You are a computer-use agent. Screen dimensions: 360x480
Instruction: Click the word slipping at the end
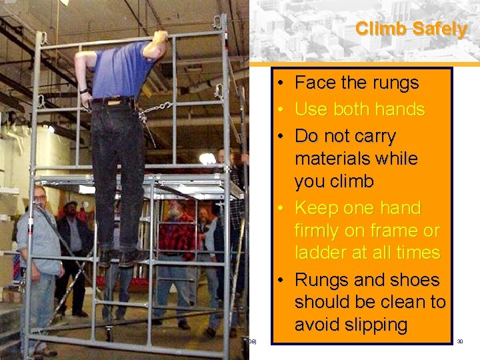click(x=371, y=325)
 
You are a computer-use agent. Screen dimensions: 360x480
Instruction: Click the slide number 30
click(x=460, y=341)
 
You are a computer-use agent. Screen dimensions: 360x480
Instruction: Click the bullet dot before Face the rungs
click(x=282, y=84)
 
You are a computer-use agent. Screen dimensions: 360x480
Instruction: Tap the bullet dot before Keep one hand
click(x=282, y=209)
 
